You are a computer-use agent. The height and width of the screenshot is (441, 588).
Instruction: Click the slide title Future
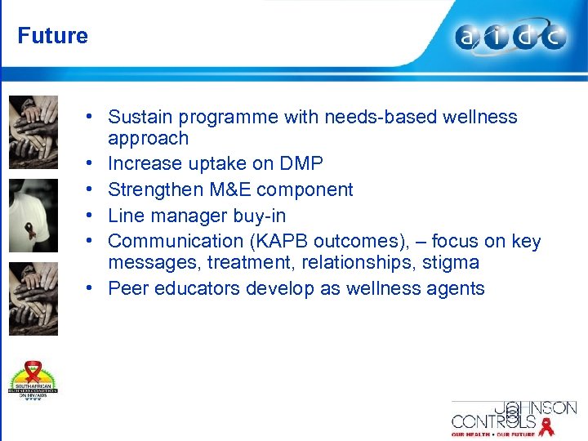tap(52, 36)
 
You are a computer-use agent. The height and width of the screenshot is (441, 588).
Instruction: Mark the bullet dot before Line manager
tap(96, 216)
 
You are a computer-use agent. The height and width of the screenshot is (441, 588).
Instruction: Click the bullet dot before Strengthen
tap(96, 189)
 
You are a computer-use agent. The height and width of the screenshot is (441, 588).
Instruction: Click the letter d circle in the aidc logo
tap(524, 38)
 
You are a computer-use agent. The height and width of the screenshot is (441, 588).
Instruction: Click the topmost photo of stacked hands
tap(33, 131)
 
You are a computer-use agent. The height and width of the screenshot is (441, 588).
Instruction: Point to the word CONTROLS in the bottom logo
tap(493, 422)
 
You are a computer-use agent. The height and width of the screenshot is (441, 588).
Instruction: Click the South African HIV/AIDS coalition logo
tap(33, 380)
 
